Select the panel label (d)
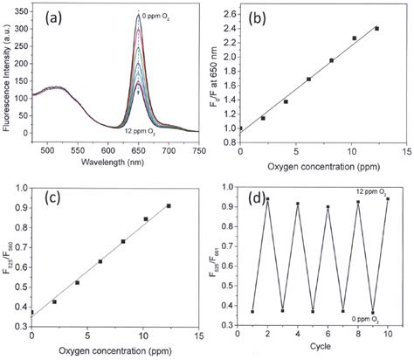(262, 199)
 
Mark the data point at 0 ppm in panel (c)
(32, 312)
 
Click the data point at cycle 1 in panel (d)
(252, 311)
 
